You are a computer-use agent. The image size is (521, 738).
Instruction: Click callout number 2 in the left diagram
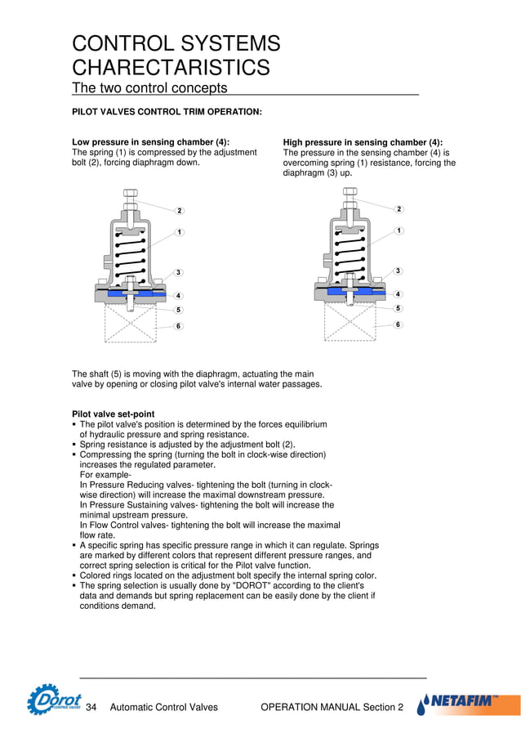pos(179,211)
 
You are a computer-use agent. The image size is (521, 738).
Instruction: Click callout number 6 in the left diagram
pos(179,326)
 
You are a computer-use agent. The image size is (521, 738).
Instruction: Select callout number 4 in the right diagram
pos(398,294)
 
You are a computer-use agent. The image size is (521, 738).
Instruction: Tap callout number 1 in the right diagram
pos(398,231)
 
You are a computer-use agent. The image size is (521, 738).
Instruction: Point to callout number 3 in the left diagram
pos(179,272)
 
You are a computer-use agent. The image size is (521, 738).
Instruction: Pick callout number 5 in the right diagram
pos(398,308)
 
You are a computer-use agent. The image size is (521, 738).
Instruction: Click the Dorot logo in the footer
pos(54,700)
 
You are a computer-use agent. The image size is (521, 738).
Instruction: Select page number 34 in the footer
pos(91,707)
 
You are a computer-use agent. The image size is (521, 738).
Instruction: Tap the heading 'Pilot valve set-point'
pos(114,414)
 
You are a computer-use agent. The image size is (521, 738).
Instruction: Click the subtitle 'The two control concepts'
pos(150,88)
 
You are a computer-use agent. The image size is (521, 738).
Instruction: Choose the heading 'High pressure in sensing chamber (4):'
pos(363,142)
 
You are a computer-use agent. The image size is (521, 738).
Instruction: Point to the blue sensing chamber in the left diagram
pos(131,292)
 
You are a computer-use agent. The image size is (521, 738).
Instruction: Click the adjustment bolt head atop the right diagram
pos(350,195)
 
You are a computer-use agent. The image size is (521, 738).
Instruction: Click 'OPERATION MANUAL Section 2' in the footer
pos(331,707)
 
